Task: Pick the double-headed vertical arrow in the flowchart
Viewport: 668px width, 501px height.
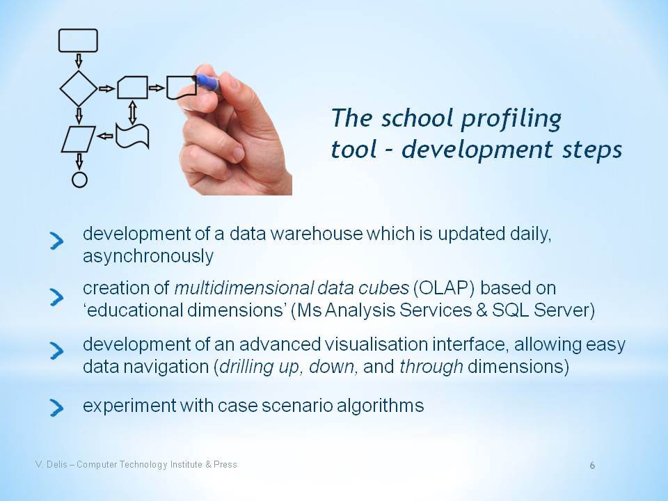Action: (x=132, y=112)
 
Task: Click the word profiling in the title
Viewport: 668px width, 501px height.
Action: (x=511, y=118)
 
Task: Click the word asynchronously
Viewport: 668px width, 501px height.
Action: (x=148, y=257)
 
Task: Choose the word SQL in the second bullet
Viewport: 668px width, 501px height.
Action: (x=510, y=310)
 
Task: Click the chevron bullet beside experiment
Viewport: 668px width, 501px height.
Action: (x=56, y=408)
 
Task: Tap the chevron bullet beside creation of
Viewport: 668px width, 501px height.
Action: (x=56, y=297)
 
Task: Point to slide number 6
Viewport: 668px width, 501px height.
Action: (x=592, y=466)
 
